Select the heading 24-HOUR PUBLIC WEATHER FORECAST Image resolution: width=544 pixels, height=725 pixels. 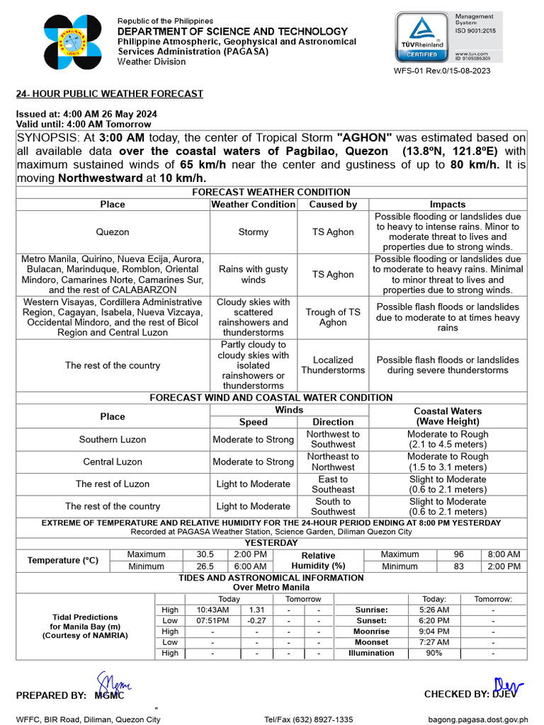coord(110,93)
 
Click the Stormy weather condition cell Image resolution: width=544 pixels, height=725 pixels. coord(254,232)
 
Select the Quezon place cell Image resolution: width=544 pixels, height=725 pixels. coord(113,232)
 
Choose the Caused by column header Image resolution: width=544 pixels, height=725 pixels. coord(333,204)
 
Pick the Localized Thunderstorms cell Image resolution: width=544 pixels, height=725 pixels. coord(333,365)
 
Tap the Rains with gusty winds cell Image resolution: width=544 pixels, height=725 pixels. coord(254,275)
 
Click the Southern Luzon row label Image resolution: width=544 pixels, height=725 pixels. coord(113,440)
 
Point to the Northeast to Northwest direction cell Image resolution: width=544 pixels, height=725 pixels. coord(333,462)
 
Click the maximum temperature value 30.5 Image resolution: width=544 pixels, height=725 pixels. coord(205,555)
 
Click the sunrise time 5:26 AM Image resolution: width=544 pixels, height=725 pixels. coord(433,610)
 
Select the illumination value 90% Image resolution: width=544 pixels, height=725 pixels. coord(433,653)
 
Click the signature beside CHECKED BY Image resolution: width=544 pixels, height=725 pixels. coord(508,687)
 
